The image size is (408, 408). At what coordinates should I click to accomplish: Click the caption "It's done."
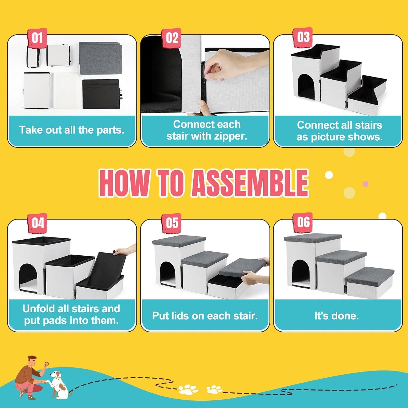point(337,316)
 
